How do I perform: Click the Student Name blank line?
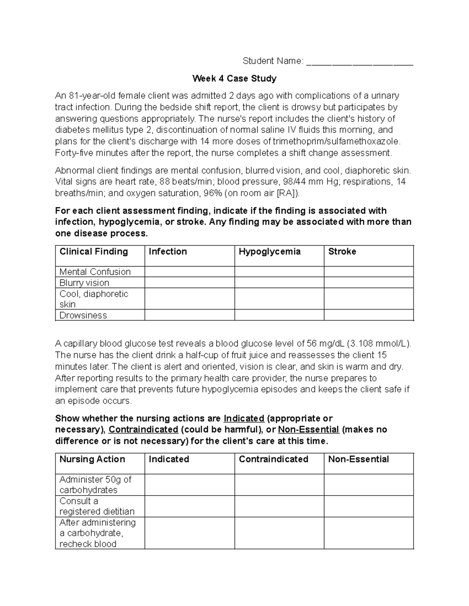pyautogui.click(x=360, y=62)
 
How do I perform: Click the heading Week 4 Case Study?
pyautogui.click(x=234, y=78)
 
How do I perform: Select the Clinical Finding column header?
pyautogui.click(x=94, y=252)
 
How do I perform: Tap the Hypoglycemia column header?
pyautogui.click(x=270, y=252)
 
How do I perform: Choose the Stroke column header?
pyautogui.click(x=342, y=252)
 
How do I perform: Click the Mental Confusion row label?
pyautogui.click(x=95, y=272)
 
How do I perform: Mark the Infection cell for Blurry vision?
pyautogui.click(x=190, y=283)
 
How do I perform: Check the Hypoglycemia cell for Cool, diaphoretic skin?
pyautogui.click(x=279, y=299)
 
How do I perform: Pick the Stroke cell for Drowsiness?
pyautogui.click(x=369, y=315)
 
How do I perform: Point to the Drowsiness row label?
pyautogui.click(x=83, y=315)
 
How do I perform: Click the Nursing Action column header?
pyautogui.click(x=92, y=459)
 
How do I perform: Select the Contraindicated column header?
pyautogui.click(x=274, y=459)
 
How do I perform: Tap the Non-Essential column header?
pyautogui.click(x=358, y=459)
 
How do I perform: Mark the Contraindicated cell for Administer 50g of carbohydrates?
pyautogui.click(x=279, y=485)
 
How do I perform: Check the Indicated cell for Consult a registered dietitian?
pyautogui.click(x=190, y=506)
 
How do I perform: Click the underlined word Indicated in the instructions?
pyautogui.click(x=244, y=418)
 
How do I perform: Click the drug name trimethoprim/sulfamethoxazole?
pyautogui.click(x=337, y=141)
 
